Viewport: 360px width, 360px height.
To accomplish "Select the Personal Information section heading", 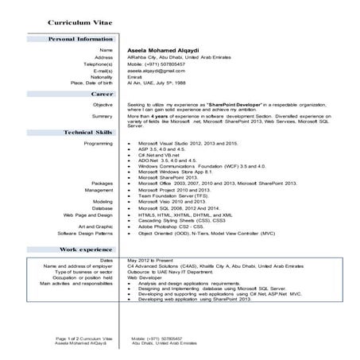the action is [80, 38].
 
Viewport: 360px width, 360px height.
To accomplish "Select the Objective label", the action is [103, 104].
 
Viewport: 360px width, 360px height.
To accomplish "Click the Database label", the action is [102, 207].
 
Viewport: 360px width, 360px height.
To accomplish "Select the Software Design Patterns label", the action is [83, 234].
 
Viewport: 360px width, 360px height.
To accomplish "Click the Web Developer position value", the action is [145, 277].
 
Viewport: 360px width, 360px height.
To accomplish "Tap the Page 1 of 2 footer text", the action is [80, 339].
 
